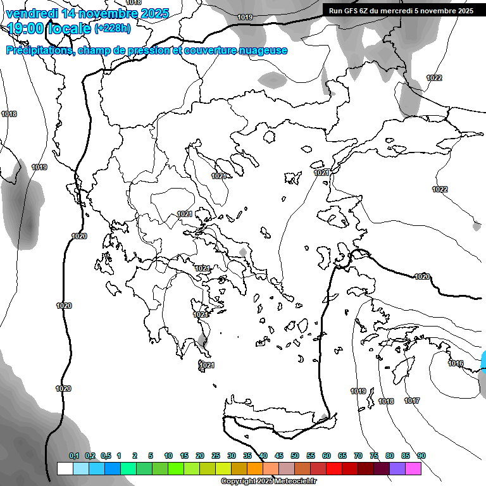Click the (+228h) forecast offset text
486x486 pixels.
(x=113, y=28)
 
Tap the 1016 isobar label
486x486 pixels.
(x=456, y=363)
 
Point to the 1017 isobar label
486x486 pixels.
(x=412, y=401)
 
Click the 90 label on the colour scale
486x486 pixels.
(x=421, y=456)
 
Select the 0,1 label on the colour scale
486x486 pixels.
(x=74, y=456)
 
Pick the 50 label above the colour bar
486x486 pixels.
(x=295, y=456)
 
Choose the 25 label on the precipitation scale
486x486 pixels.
(x=216, y=456)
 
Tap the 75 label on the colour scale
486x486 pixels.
(x=374, y=456)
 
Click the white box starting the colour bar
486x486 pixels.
(x=65, y=468)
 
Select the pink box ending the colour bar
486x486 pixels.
(x=413, y=468)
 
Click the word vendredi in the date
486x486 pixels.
(x=32, y=13)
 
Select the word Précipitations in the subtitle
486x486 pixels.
(x=39, y=51)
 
